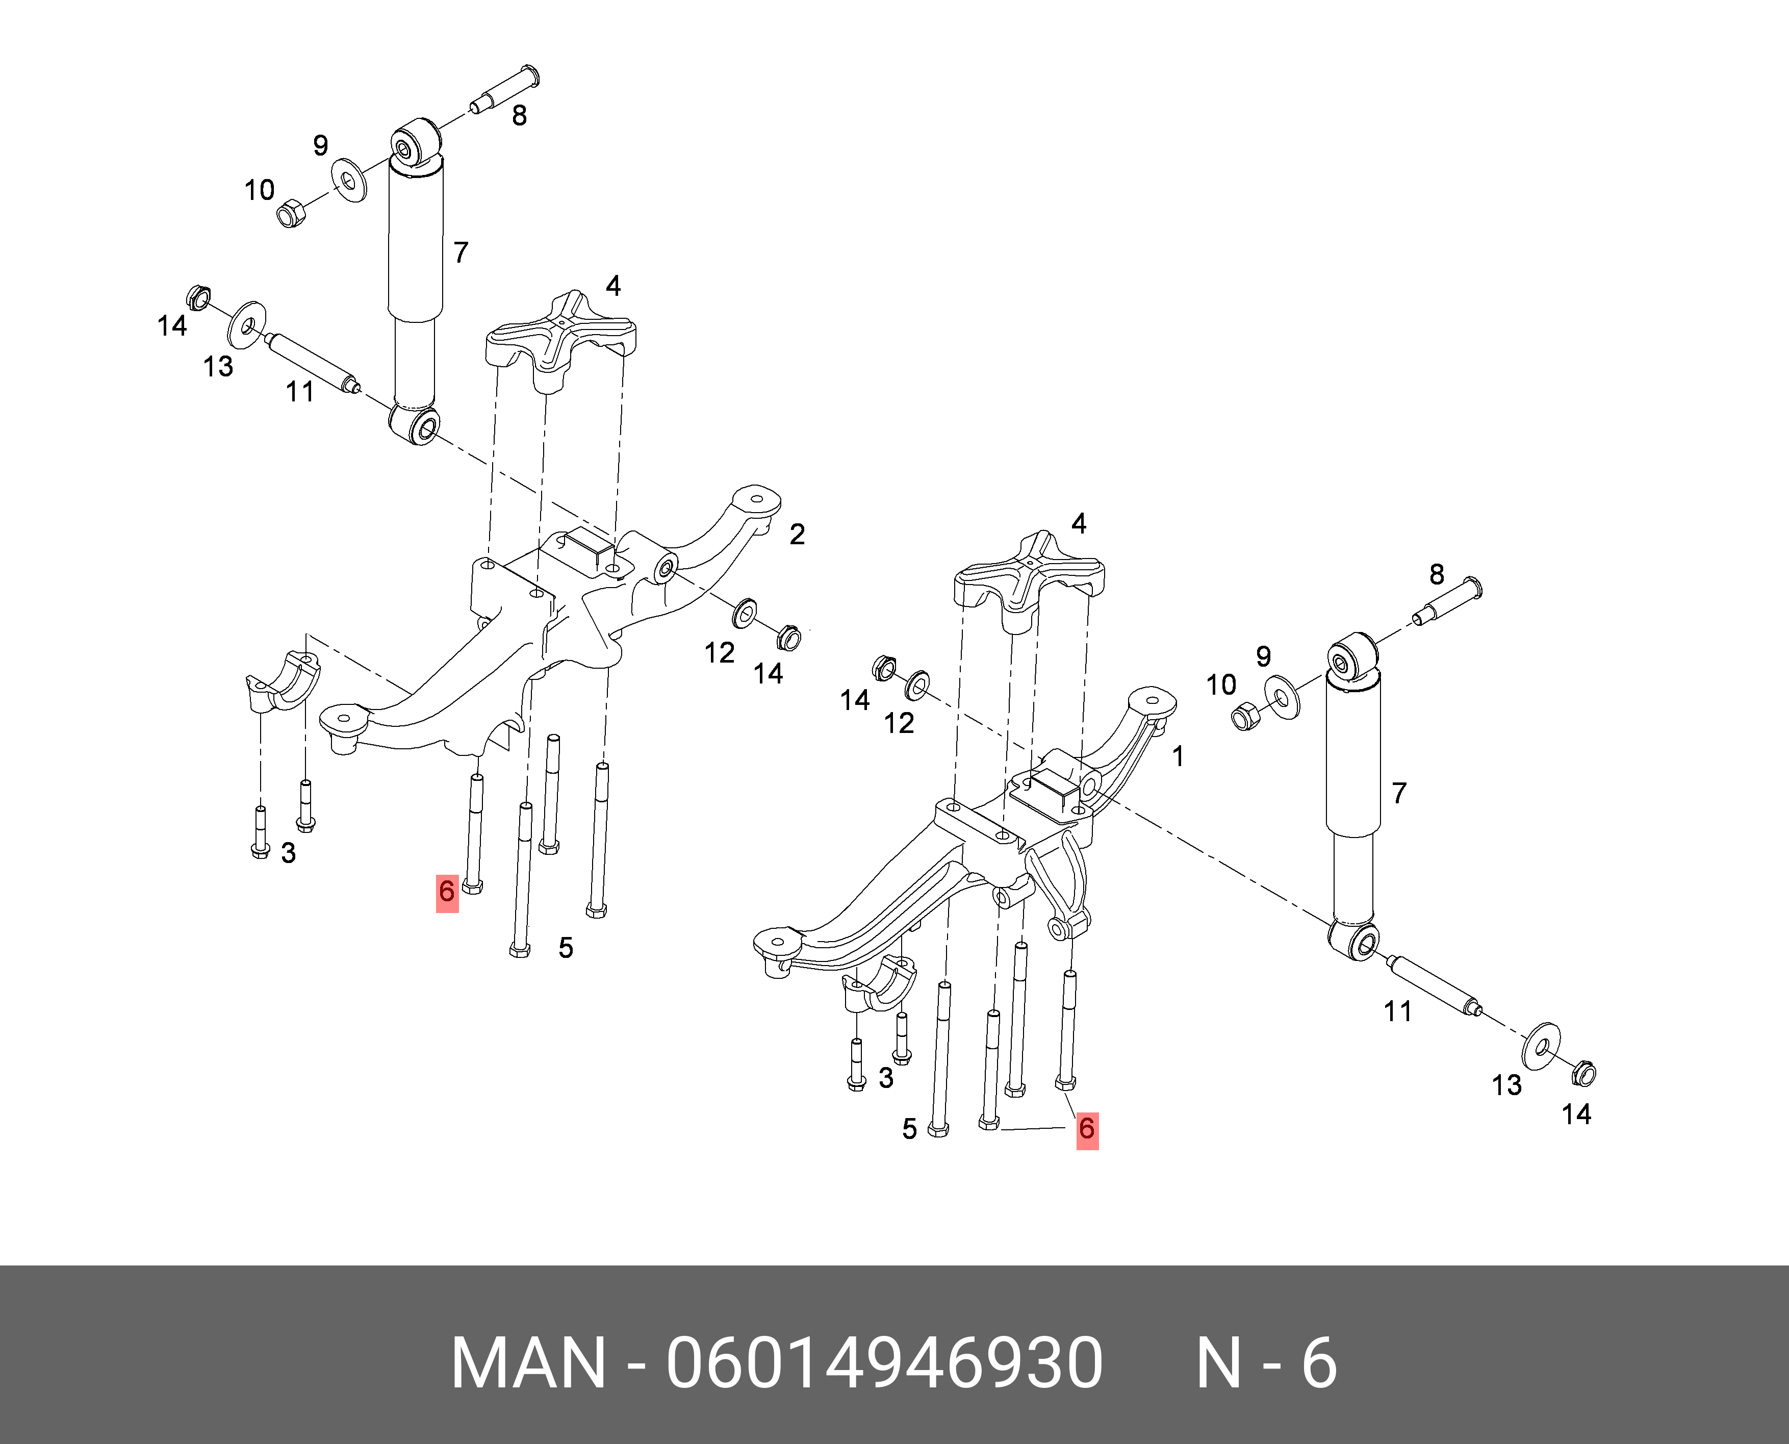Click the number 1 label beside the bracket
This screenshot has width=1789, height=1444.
click(1178, 756)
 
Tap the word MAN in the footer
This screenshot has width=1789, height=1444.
click(528, 1363)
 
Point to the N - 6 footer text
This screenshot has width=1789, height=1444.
click(1266, 1363)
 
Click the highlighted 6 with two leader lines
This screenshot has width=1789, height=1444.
click(1087, 1130)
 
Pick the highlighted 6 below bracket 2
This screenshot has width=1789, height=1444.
click(447, 893)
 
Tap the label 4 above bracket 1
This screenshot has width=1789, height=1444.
click(1079, 524)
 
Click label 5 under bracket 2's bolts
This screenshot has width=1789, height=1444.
click(566, 947)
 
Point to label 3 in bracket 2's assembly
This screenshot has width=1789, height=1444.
click(288, 853)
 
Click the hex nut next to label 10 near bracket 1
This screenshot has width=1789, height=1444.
click(1244, 715)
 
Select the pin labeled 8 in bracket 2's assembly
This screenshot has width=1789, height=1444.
click(505, 89)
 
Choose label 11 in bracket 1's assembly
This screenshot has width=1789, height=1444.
click(1397, 1011)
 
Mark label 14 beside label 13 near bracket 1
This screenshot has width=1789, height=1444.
click(1576, 1114)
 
